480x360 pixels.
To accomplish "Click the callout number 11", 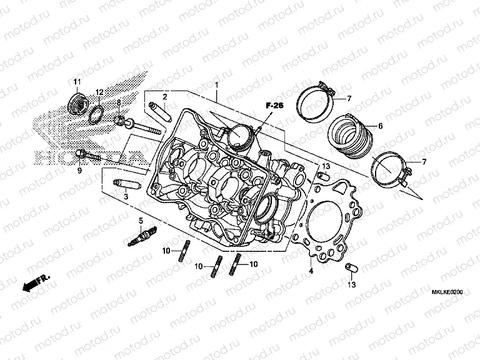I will pos(77,83).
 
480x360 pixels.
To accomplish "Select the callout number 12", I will pos(99,92).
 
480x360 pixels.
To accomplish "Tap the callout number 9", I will pos(79,170).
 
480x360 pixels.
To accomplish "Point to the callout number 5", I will pos(141,221).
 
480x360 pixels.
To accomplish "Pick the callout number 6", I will pos(379,126).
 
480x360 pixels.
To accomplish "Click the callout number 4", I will pos(311,272).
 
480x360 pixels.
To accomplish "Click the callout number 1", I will pos(216,84).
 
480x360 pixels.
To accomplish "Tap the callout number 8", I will pos(119,102).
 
